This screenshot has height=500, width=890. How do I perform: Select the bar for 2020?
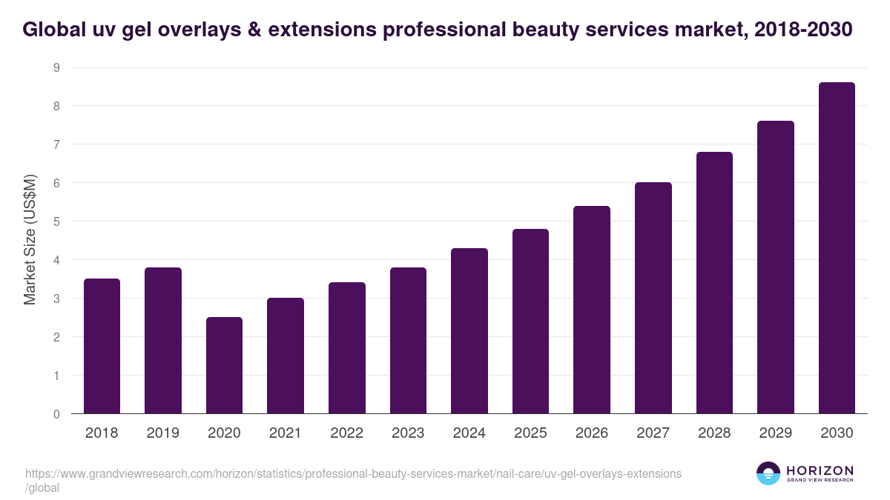coord(224,365)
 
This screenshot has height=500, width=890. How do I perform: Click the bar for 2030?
coord(837,248)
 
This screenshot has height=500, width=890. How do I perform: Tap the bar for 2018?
coord(102,346)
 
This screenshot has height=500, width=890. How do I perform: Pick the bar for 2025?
coord(530,321)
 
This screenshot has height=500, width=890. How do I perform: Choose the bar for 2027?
coord(653,298)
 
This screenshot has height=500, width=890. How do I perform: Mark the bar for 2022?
coord(346,348)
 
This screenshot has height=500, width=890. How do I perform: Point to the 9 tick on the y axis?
coord(56,67)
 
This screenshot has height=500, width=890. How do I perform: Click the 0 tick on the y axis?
coord(56,414)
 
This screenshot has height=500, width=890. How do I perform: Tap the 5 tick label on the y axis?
coord(56,221)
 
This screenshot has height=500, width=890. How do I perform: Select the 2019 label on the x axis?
coord(162,433)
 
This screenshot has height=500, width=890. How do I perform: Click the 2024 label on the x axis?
coord(469,433)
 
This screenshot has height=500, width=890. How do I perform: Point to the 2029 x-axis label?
coord(775,433)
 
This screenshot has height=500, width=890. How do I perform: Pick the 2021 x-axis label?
coord(285,433)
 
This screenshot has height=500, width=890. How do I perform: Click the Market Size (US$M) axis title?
coord(30,240)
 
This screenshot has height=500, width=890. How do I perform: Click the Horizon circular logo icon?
coord(768,474)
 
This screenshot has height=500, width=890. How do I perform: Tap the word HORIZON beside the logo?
coord(820,470)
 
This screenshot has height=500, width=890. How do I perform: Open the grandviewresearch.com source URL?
coord(353,474)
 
